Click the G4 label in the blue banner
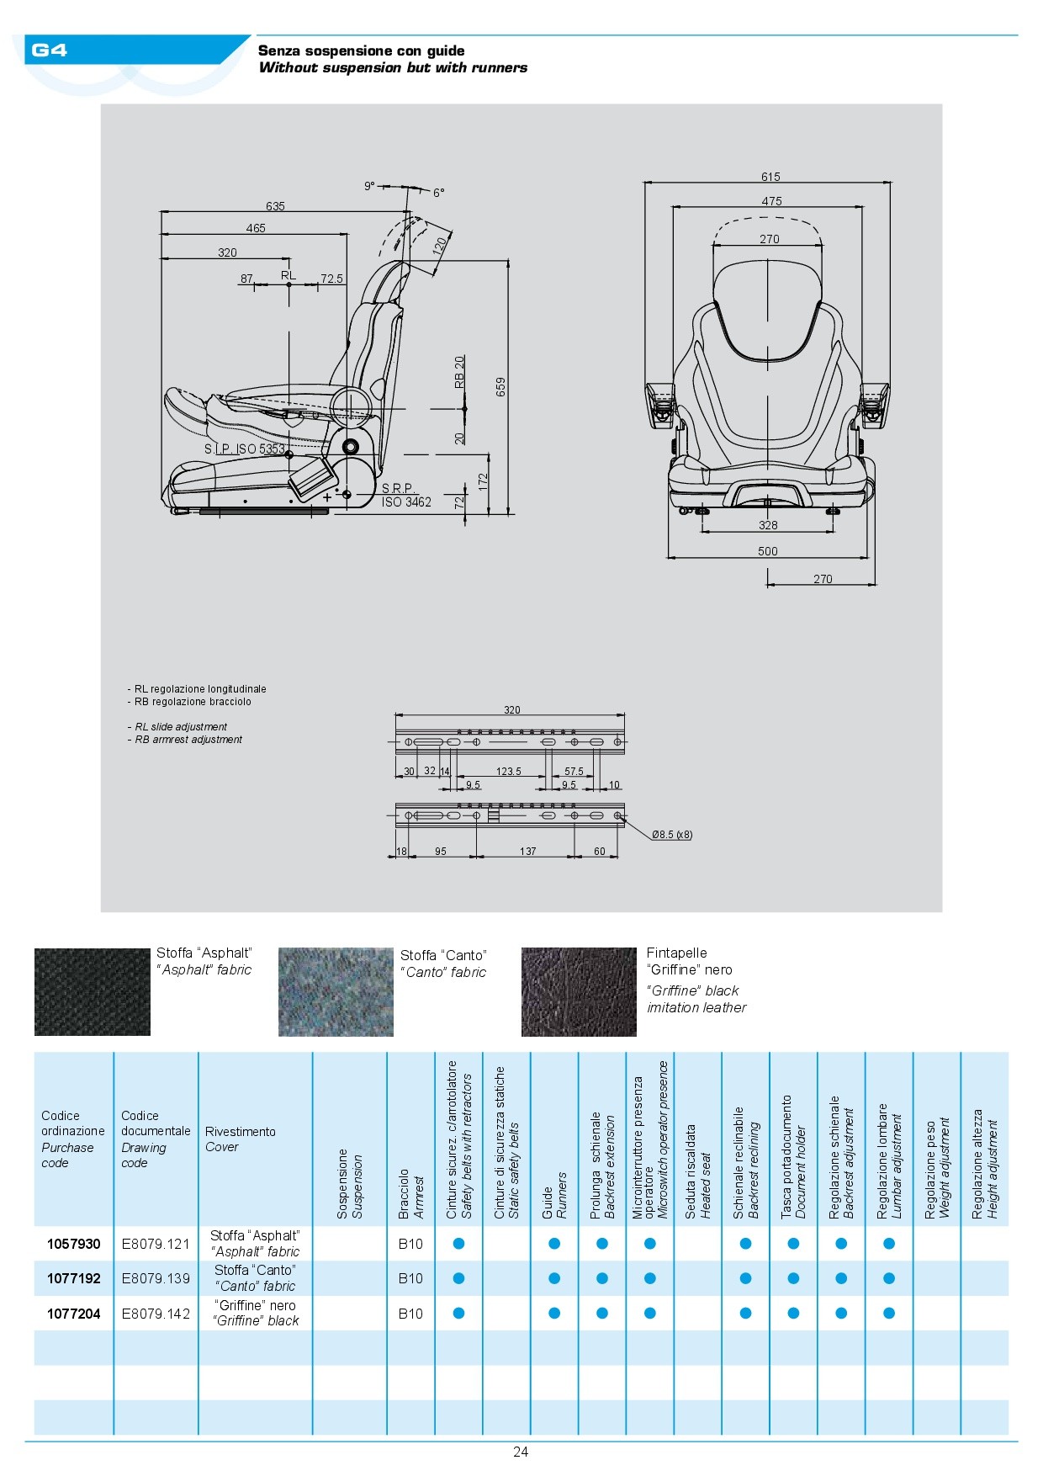[49, 50]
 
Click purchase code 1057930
[74, 1244]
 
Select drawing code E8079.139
[156, 1278]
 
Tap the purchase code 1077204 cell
[74, 1314]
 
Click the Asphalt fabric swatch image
[93, 992]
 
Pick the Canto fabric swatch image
[336, 992]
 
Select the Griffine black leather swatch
[579, 992]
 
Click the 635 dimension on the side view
[275, 206]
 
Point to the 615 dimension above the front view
[770, 177]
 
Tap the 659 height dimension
[501, 386]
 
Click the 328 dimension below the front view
[768, 525]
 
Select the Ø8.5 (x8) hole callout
[672, 835]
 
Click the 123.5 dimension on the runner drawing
[508, 772]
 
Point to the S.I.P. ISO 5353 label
[245, 449]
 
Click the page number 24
[521, 1452]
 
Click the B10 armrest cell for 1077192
[410, 1278]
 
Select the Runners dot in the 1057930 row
[554, 1244]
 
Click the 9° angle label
[369, 186]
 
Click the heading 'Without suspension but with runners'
[393, 68]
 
